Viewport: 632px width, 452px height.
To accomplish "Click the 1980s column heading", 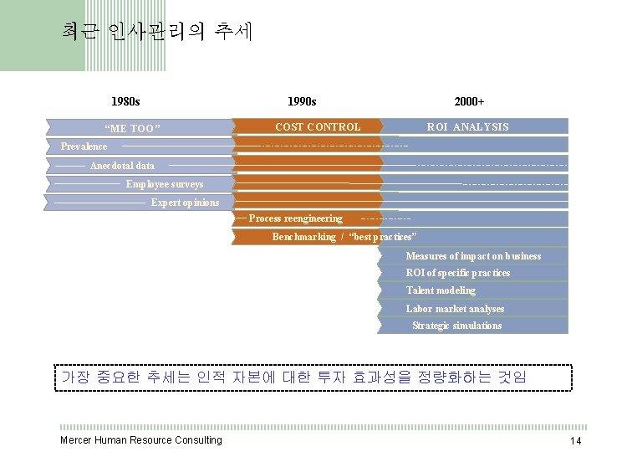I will (x=125, y=101).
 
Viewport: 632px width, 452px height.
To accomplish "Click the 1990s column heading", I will (x=301, y=101).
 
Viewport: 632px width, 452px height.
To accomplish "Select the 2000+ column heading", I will (x=469, y=101).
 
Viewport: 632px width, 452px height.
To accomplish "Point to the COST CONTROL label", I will (x=318, y=127).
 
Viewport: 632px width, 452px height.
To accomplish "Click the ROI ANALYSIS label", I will (x=467, y=127).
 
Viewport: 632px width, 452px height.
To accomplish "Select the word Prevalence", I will (x=84, y=146).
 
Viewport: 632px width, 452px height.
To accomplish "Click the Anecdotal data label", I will (x=122, y=166).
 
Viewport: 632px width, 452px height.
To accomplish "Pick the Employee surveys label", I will (x=164, y=184).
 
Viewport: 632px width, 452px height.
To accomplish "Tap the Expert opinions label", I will (x=185, y=203).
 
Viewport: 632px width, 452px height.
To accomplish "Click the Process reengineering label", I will (x=296, y=218).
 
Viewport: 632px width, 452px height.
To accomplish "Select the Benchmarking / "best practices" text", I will (x=344, y=237).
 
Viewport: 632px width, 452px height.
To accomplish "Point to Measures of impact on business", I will (x=473, y=256).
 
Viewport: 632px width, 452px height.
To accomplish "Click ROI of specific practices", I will (x=457, y=273).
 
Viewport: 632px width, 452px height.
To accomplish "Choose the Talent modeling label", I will (x=441, y=290).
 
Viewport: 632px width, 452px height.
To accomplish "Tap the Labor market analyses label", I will (x=455, y=309).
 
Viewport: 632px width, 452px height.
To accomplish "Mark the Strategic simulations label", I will (x=456, y=326).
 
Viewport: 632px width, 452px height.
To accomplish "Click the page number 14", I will (x=575, y=441).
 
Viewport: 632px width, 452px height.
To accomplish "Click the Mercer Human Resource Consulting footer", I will (x=141, y=440).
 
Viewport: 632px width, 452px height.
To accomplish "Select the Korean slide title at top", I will (x=157, y=32).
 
